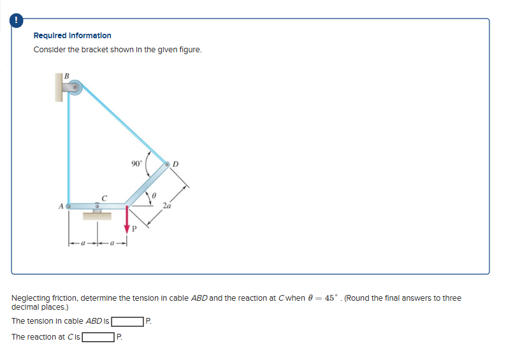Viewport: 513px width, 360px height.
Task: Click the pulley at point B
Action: coord(75,88)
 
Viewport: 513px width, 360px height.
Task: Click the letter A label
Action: coord(61,206)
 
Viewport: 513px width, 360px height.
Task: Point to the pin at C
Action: coord(97,205)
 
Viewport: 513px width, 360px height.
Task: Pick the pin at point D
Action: coord(168,164)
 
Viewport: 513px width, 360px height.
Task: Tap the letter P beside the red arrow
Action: coord(134,227)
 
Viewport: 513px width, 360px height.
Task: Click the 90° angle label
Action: coord(136,163)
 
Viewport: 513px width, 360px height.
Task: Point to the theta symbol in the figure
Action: coord(154,194)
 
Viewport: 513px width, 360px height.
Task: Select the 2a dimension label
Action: coord(167,205)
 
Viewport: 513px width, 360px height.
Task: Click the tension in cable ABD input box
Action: coord(127,320)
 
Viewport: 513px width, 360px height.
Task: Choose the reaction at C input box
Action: coord(97,336)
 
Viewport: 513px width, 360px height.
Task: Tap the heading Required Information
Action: coord(72,36)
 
